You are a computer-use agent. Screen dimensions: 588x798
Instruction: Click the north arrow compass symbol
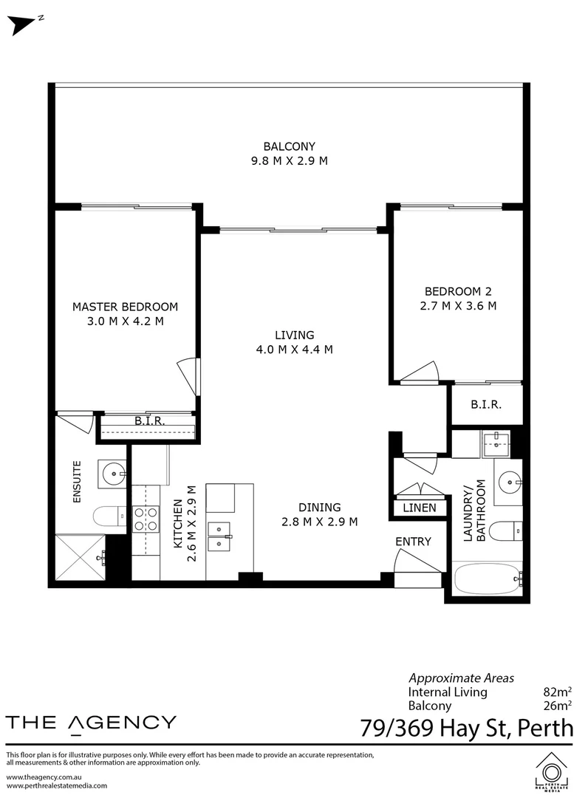point(23,25)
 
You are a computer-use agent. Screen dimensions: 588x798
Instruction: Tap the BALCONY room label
point(290,146)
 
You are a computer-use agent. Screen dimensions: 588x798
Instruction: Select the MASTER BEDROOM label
point(125,307)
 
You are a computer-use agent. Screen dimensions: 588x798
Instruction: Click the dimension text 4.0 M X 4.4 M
point(295,349)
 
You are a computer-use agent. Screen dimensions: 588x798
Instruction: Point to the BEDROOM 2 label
point(458,292)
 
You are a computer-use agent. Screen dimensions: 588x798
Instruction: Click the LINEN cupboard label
point(420,508)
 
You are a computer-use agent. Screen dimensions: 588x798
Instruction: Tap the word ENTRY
point(414,542)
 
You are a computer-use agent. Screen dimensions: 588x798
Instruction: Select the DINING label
point(319,508)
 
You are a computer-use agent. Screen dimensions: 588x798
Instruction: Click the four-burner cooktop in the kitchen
point(146,519)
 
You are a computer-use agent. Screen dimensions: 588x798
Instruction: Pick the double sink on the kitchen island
point(219,536)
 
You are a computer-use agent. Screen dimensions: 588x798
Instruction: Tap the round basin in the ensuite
point(112,474)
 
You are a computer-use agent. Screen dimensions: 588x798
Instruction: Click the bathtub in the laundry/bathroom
point(488,579)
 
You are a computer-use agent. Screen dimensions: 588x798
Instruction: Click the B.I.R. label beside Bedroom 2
point(486,405)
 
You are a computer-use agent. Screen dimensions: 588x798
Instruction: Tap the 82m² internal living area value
point(558,692)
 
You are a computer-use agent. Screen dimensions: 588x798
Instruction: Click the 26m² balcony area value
point(558,706)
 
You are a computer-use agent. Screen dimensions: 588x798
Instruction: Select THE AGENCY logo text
point(91,723)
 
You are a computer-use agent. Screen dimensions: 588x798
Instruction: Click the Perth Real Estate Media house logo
point(551,771)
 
